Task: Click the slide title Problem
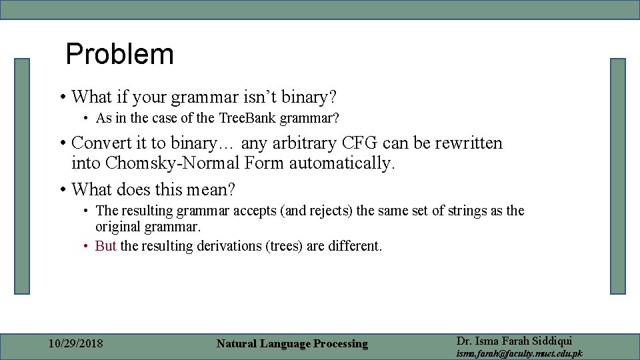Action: pos(120,54)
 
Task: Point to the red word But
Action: pos(106,245)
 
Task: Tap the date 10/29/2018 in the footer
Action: pos(76,344)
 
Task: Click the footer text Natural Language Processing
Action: pos(292,344)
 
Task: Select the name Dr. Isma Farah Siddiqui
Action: pos(514,340)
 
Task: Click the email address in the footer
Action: pos(519,353)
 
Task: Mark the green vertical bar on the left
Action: pos(23,176)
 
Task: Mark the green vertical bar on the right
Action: pos(618,176)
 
